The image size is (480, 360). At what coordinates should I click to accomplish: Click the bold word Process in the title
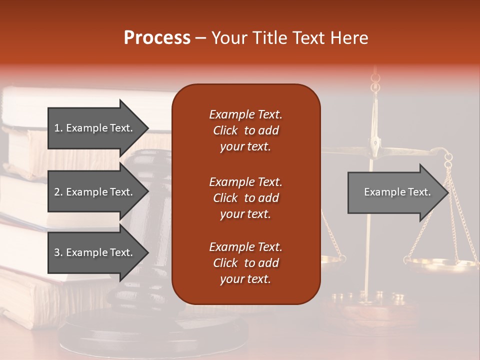(157, 38)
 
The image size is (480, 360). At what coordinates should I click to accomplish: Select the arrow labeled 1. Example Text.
(95, 128)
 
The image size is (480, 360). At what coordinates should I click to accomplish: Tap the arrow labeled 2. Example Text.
(95, 192)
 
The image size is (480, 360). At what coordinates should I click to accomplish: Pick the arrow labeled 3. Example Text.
(95, 252)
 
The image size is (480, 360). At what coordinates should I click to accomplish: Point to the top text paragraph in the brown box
(245, 130)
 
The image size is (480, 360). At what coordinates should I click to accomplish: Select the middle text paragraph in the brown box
(245, 197)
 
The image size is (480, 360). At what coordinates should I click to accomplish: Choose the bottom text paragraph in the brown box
(245, 263)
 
